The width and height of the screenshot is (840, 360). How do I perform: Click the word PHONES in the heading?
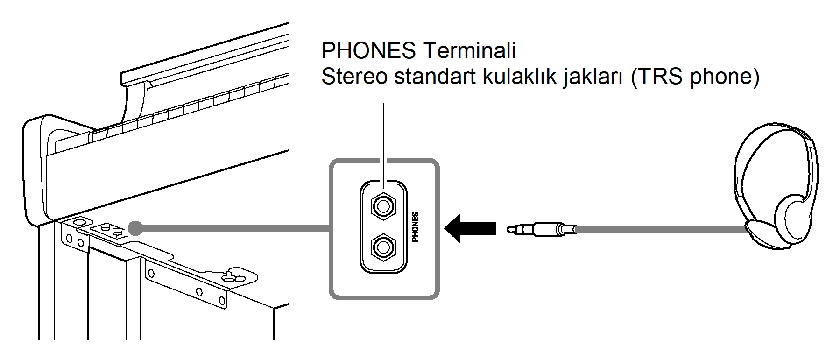(368, 50)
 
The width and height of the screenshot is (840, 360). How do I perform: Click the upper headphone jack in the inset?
(383, 205)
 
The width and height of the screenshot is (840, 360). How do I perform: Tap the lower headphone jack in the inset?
(383, 247)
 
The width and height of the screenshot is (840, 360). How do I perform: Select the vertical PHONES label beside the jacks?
(415, 227)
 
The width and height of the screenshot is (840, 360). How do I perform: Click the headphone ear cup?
(794, 215)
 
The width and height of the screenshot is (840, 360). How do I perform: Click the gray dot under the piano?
(135, 228)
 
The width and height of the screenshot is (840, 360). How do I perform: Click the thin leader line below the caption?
(383, 140)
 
